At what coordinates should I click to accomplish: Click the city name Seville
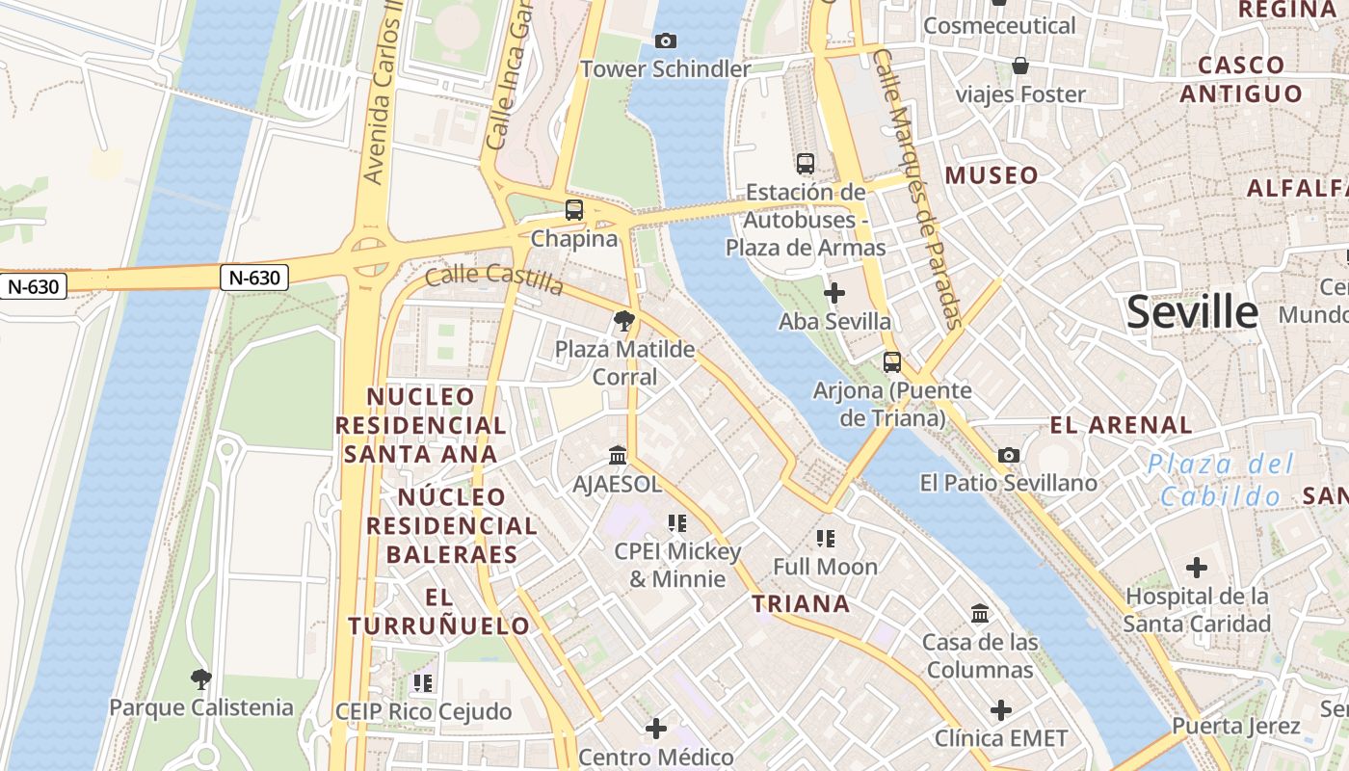1192,312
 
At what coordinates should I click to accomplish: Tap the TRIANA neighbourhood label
801,604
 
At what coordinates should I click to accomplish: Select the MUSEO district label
992,175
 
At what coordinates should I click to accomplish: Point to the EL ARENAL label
1121,425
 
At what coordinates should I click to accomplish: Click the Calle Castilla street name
494,279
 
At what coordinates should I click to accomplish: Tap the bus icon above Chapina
574,209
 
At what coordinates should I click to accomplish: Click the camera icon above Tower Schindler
665,40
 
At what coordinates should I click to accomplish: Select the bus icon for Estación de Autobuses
806,164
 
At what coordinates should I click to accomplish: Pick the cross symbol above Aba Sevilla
834,292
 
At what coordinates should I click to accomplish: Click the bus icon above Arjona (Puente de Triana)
892,362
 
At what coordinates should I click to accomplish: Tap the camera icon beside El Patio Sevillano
1009,455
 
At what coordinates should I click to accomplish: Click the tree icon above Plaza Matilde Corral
624,321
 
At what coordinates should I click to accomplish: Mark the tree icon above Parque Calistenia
200,679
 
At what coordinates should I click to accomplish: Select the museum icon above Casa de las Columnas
980,614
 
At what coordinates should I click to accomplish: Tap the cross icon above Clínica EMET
1001,710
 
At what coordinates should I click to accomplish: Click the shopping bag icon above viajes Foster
1020,66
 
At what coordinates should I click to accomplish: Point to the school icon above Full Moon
825,538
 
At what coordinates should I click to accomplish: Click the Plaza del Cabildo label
1221,480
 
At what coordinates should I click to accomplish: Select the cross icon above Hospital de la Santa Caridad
1197,568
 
